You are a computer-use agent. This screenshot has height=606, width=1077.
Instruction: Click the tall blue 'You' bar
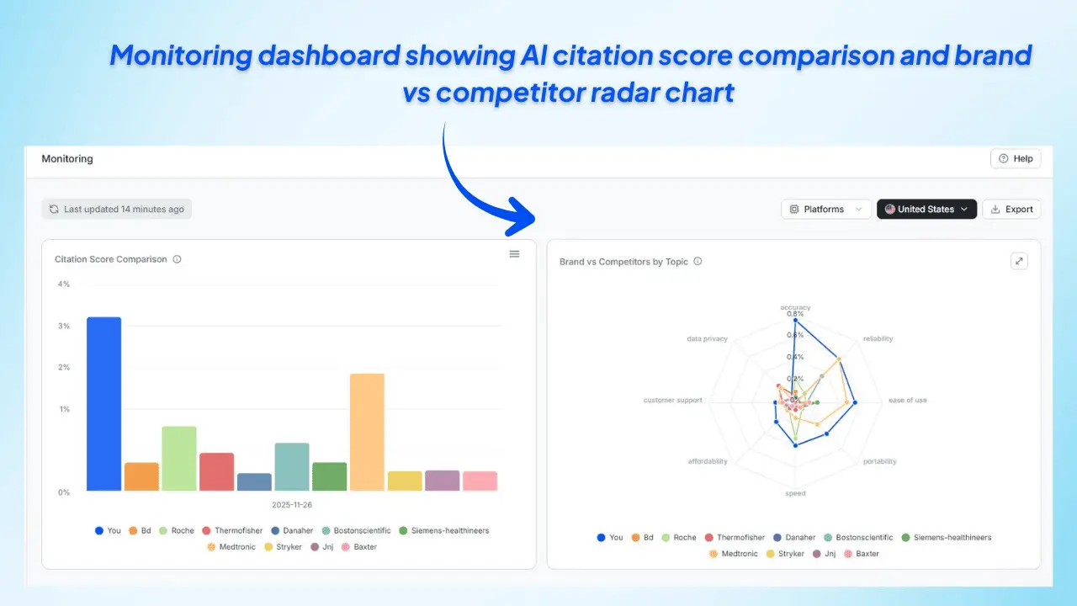[x=103, y=404]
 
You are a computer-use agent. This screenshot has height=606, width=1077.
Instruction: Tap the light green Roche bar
[x=179, y=459]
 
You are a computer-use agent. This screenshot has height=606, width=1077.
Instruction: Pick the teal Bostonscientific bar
[x=292, y=467]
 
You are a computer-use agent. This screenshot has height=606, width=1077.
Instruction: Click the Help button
[x=1016, y=158]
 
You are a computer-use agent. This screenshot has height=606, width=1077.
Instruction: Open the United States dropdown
[x=926, y=210]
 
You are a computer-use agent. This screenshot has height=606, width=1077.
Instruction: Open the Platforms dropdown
[x=825, y=210]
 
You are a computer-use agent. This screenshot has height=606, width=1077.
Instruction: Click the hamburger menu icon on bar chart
[x=514, y=254]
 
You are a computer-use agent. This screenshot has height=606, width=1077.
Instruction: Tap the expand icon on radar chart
[x=1019, y=261]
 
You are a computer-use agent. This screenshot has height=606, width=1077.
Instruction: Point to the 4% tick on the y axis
[x=64, y=284]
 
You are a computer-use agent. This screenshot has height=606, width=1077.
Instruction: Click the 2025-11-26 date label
[x=292, y=505]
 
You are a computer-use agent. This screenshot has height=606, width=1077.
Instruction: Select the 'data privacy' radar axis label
[x=707, y=339]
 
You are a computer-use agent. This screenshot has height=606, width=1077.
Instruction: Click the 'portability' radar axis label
[x=880, y=461]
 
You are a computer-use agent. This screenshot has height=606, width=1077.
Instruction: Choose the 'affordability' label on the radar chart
[x=708, y=461]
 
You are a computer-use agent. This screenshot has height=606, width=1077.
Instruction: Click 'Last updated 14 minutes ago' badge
[x=117, y=210]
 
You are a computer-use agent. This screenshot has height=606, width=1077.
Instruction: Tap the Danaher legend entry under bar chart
[x=291, y=531]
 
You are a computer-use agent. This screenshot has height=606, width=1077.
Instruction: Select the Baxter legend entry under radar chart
[x=861, y=554]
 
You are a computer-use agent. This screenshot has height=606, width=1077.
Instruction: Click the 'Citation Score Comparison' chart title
[x=111, y=259]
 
